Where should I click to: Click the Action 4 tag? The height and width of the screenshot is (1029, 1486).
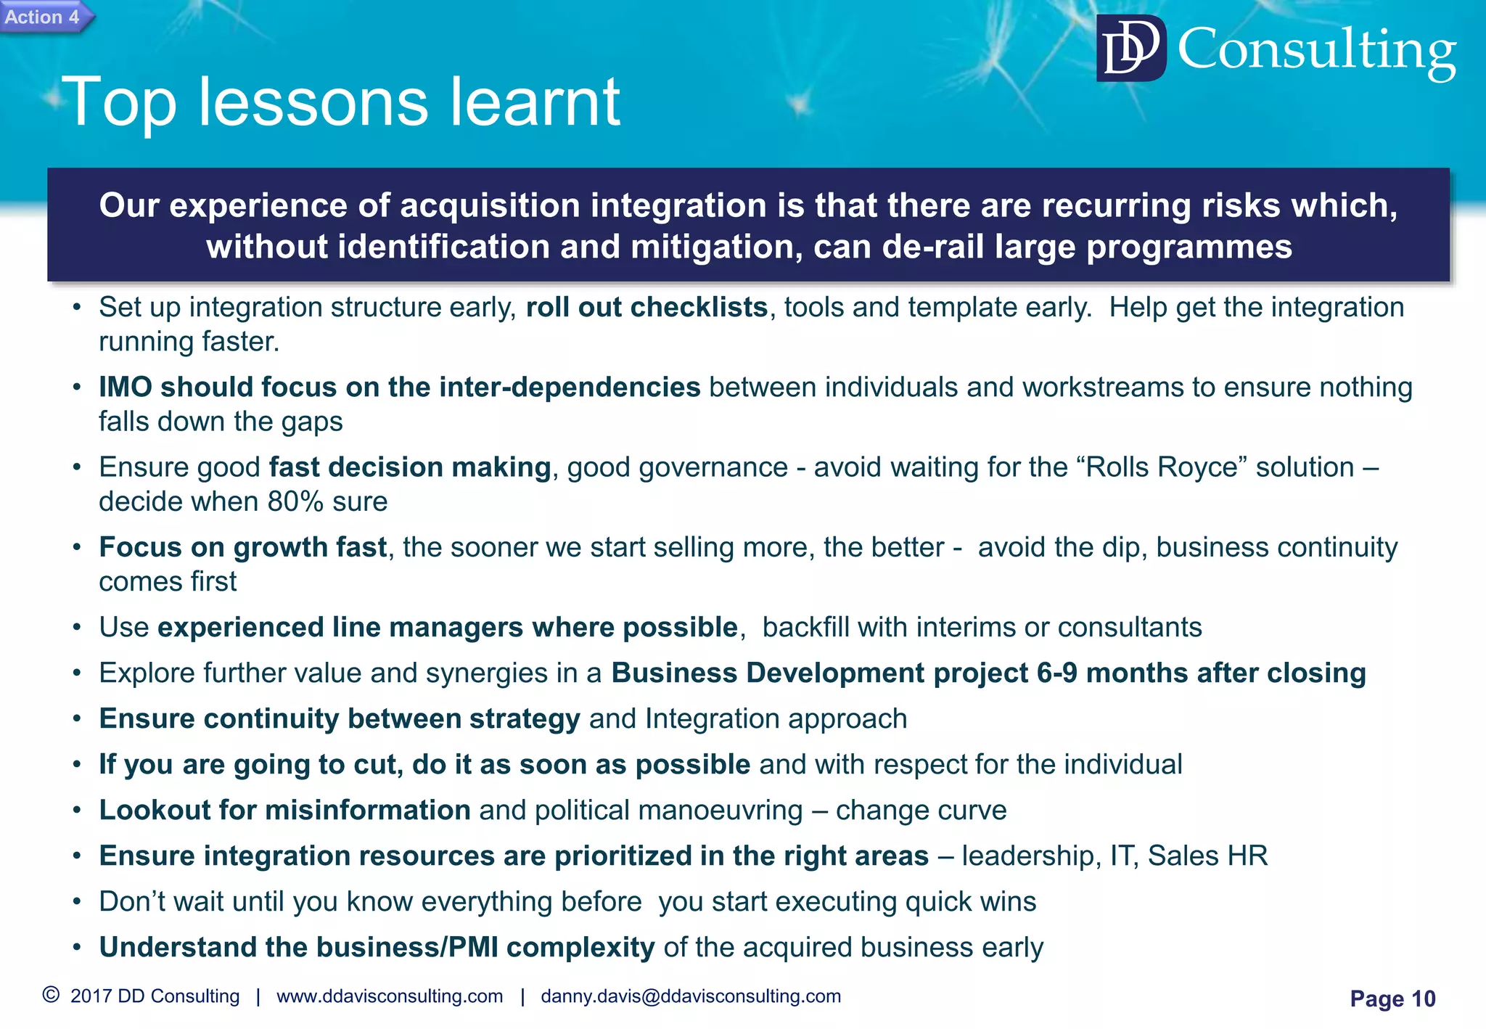pos(44,17)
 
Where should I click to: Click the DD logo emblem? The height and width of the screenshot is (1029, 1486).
pos(1130,49)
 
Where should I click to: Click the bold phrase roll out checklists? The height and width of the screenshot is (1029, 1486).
pos(646,307)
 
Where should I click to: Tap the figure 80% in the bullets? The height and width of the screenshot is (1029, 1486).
pos(295,501)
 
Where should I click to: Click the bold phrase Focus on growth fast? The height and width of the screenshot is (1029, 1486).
pos(242,547)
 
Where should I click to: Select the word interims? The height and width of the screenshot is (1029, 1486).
pos(964,627)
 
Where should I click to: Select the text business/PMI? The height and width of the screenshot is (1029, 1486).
pos(407,947)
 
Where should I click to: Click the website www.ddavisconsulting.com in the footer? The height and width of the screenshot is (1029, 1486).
pos(390,996)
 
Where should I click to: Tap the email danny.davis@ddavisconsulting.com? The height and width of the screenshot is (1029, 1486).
pos(691,996)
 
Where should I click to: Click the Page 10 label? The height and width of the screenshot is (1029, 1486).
pos(1392,999)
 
